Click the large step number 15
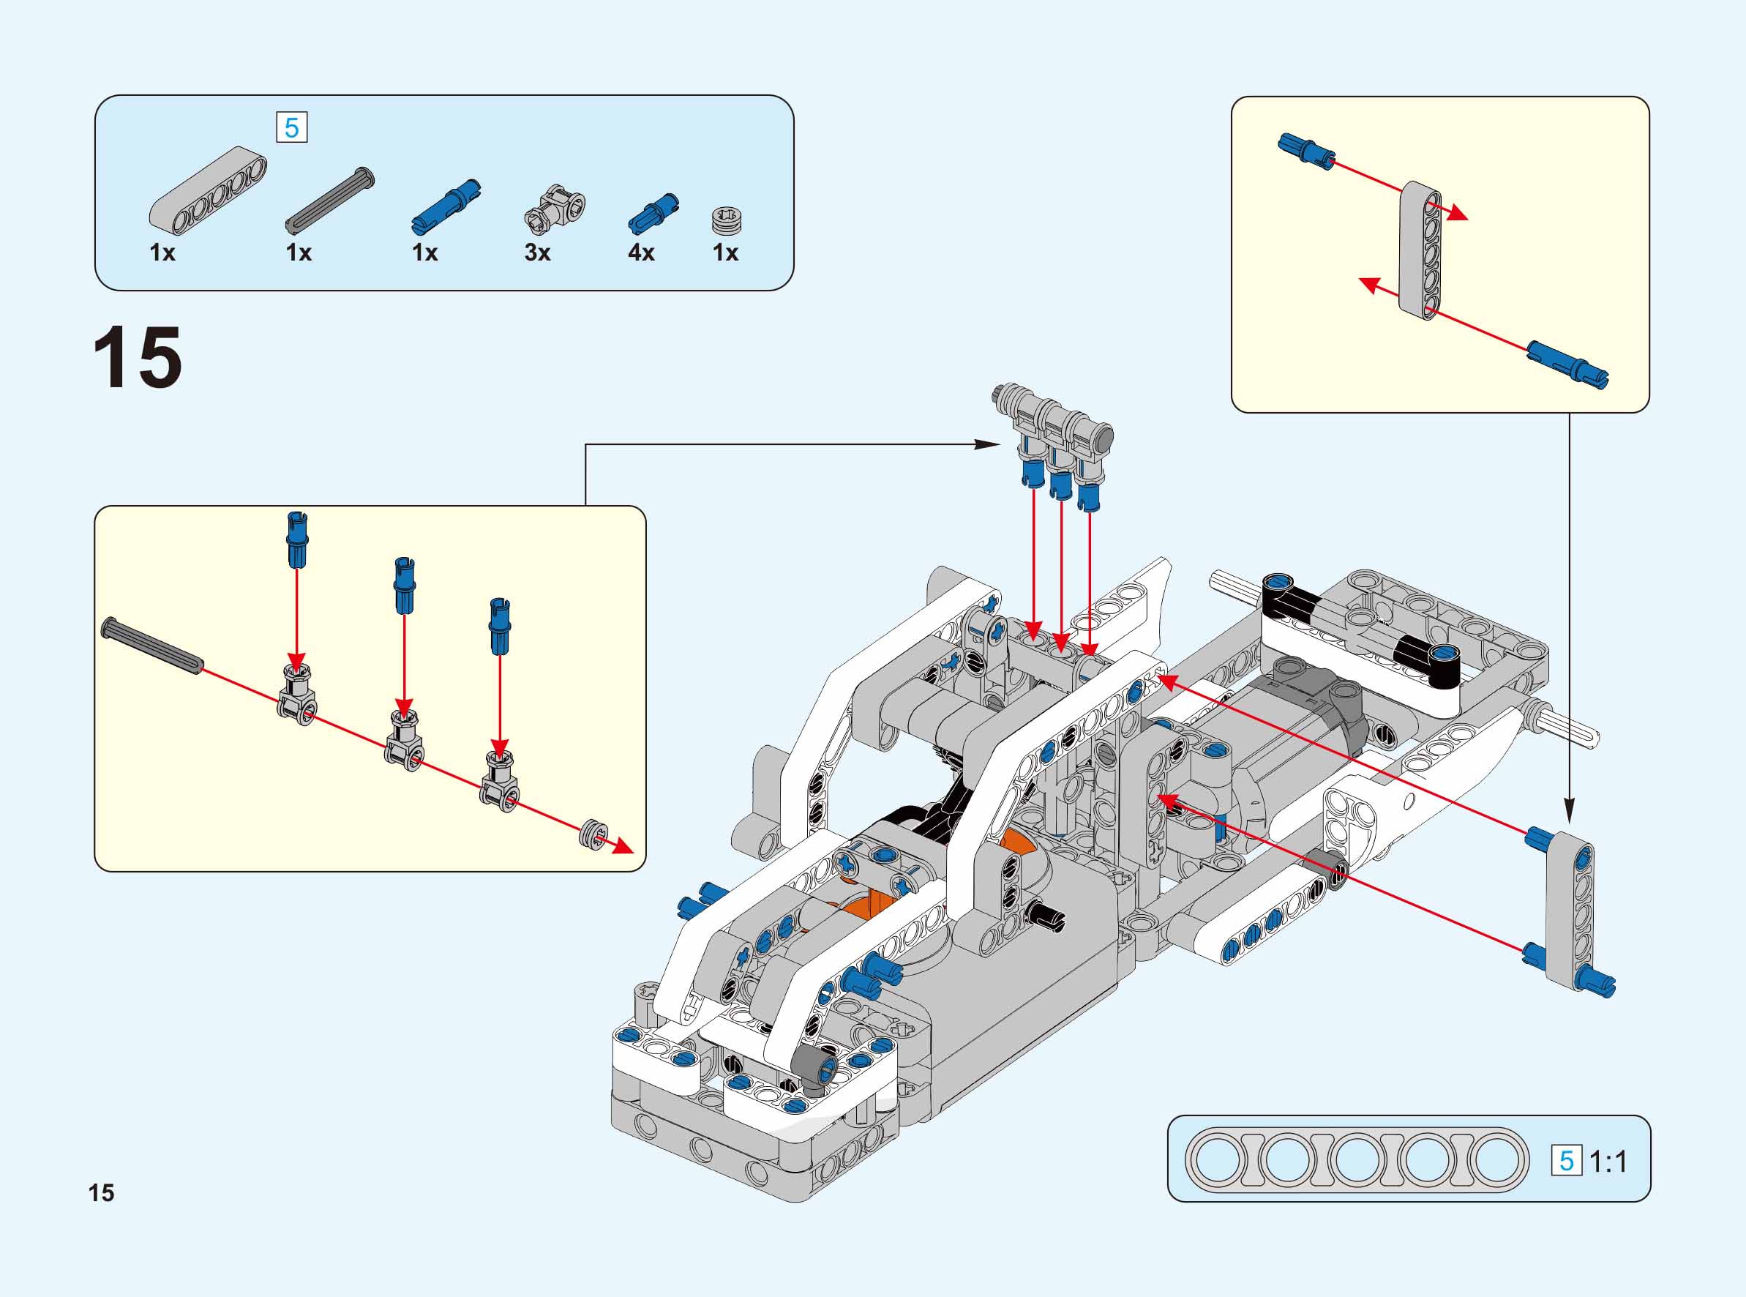point(138,358)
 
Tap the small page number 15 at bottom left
point(101,1193)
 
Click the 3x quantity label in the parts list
point(538,253)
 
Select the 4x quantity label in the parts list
point(640,253)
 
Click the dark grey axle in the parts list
point(329,201)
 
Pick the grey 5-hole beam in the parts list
point(208,191)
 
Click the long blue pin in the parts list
point(446,207)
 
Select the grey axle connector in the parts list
point(555,209)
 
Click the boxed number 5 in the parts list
point(292,128)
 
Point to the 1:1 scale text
point(1608,1161)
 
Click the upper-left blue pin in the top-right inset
point(1305,151)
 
